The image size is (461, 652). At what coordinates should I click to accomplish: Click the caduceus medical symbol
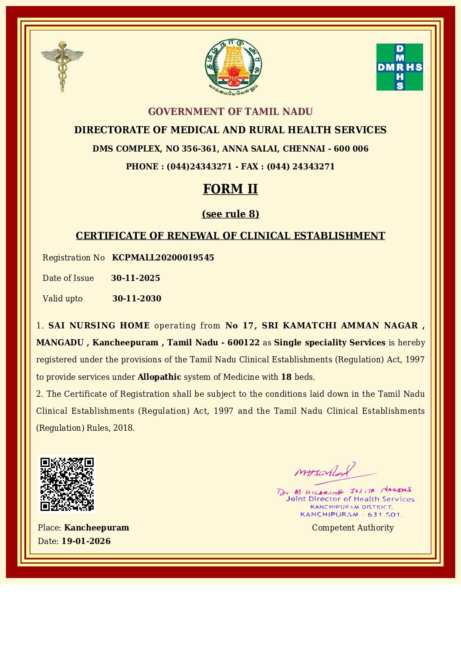tap(62, 66)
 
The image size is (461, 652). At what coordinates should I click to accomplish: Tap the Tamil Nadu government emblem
tap(234, 66)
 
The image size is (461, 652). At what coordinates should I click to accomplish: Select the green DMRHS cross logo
tap(400, 67)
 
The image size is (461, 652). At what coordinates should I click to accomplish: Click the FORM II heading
tap(230, 189)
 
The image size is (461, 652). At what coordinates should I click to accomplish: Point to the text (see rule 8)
tap(230, 214)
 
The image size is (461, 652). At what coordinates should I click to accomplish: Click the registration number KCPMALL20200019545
tap(163, 257)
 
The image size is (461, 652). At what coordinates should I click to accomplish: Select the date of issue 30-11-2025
tap(136, 278)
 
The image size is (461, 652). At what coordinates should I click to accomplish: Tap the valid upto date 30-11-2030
tap(137, 298)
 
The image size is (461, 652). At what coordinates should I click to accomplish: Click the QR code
tap(67, 484)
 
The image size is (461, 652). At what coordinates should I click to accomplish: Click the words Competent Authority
tap(353, 527)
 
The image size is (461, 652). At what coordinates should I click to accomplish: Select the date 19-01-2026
tap(86, 541)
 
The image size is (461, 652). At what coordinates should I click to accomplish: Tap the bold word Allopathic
tap(159, 377)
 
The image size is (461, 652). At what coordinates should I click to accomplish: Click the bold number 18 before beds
tap(286, 377)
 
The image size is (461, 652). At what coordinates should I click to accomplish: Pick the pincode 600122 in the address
tap(244, 342)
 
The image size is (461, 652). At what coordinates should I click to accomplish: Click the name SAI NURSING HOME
tap(99, 325)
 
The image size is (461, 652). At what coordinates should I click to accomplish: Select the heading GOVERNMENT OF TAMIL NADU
tap(230, 111)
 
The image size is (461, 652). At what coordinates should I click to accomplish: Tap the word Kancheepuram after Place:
tap(96, 527)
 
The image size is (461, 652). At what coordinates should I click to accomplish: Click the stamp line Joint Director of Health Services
tap(350, 499)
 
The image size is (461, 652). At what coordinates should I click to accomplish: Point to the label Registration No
tap(74, 257)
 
